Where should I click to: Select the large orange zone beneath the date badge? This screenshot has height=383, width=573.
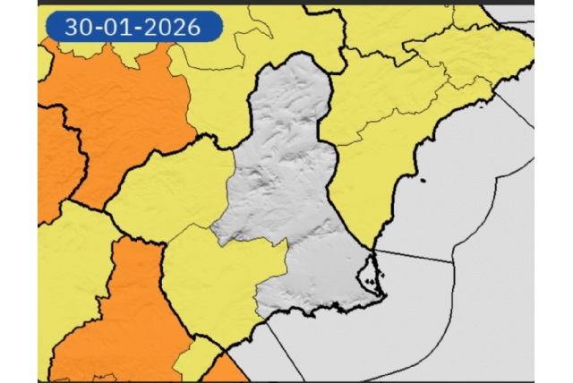pyautogui.click(x=116, y=107)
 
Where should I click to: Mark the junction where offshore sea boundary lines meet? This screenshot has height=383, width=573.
pyautogui.click(x=453, y=261)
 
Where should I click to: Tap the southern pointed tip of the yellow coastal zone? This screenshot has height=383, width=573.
pyautogui.click(x=372, y=247)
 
